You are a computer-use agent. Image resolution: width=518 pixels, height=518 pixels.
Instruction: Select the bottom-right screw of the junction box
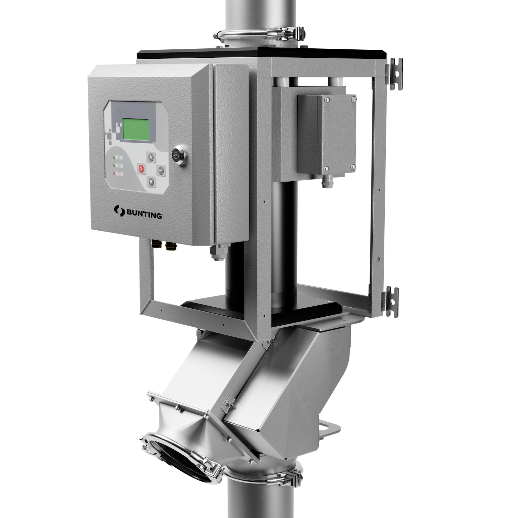pyautogui.click(x=353, y=167)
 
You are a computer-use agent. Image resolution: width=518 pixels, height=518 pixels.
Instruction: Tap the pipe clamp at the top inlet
pyautogui.click(x=259, y=37)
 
